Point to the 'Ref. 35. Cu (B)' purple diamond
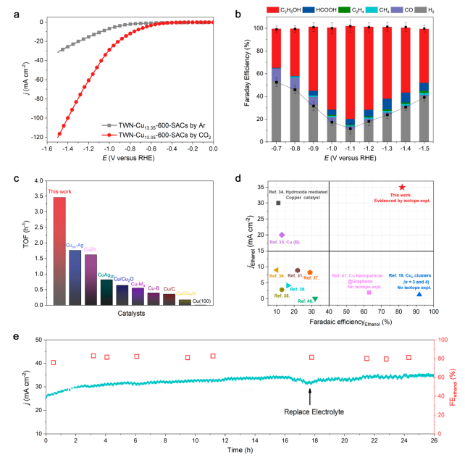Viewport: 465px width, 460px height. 282,235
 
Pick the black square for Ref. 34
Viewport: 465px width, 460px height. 278,203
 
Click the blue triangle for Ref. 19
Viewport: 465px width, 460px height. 419,293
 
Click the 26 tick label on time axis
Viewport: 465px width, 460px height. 432,440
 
